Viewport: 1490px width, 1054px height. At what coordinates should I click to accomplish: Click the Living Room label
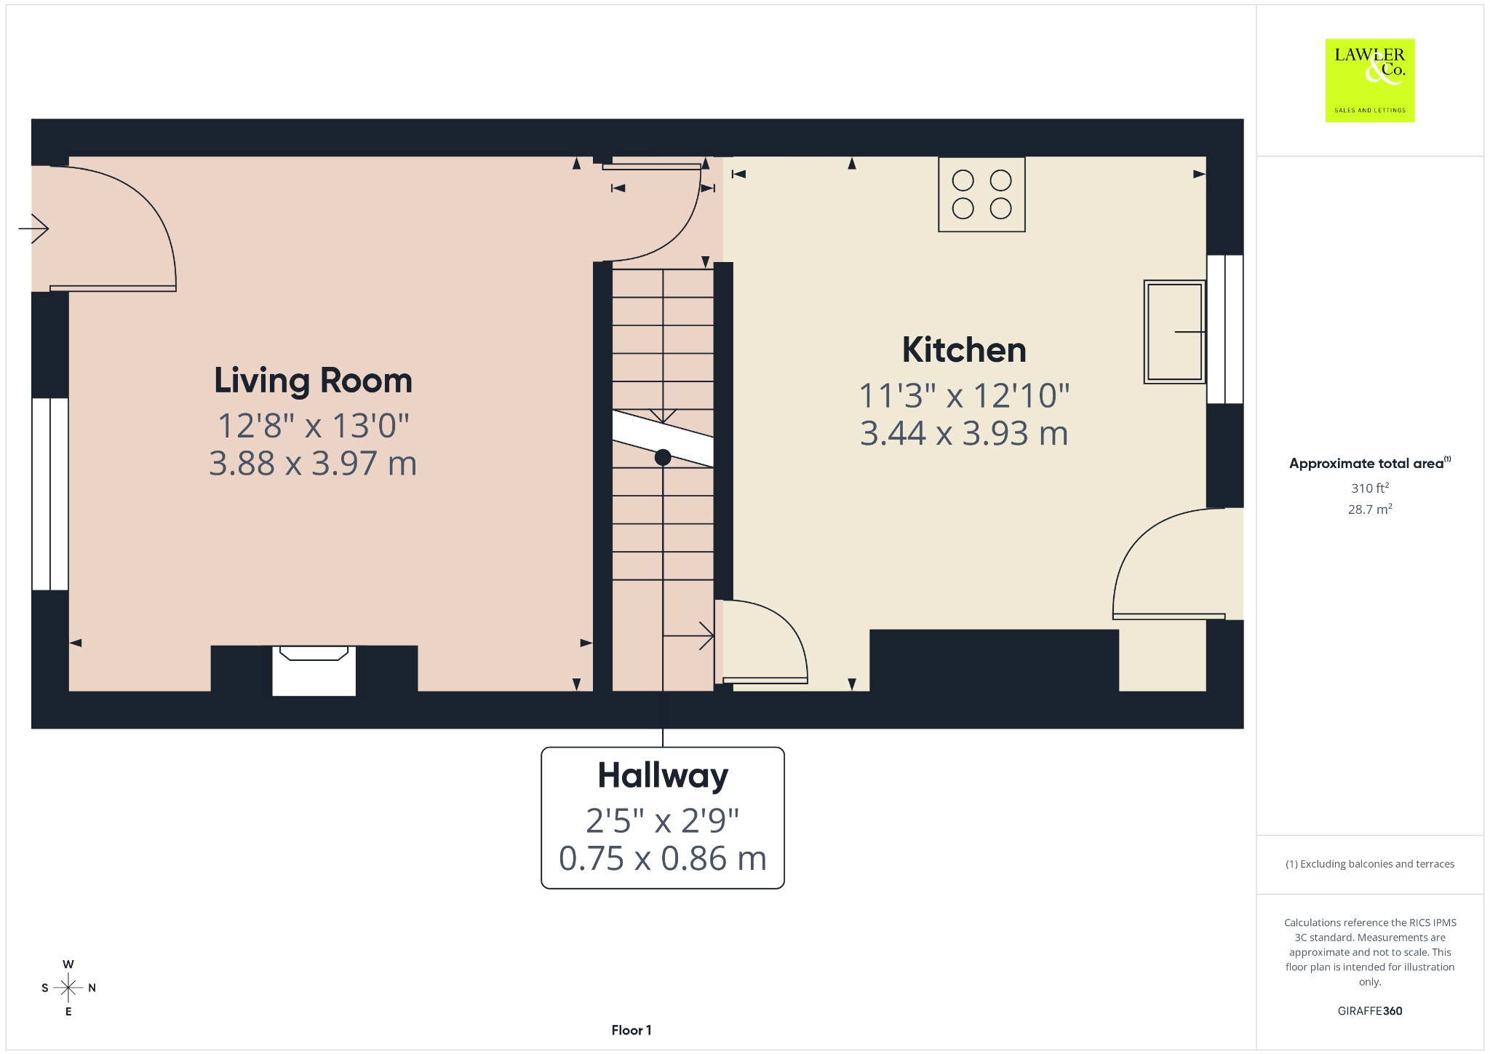pyautogui.click(x=313, y=381)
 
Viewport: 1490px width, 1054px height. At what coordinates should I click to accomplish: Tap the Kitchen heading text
pyautogui.click(x=964, y=350)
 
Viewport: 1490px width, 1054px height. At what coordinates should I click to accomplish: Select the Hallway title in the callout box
pyautogui.click(x=663, y=776)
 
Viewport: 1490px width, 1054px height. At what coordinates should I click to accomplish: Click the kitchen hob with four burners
pyautogui.click(x=981, y=194)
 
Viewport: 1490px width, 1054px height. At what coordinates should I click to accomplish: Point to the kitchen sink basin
pyautogui.click(x=1174, y=332)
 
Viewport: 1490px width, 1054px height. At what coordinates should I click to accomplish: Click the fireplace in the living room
pyautogui.click(x=314, y=670)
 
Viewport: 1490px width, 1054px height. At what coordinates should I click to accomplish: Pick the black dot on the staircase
pyautogui.click(x=663, y=457)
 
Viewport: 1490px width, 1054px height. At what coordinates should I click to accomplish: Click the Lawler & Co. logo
pyautogui.click(x=1370, y=80)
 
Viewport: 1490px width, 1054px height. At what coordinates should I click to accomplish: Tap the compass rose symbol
pyautogui.click(x=68, y=988)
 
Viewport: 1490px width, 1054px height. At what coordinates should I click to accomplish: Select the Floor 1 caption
pyautogui.click(x=632, y=1030)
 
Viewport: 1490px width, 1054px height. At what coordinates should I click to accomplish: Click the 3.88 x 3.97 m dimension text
pyautogui.click(x=313, y=464)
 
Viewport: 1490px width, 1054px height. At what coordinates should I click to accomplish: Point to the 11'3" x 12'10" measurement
pyautogui.click(x=964, y=396)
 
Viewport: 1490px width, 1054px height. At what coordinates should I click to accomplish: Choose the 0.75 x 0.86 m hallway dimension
pyautogui.click(x=663, y=859)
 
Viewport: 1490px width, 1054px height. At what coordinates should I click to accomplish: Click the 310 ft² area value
pyautogui.click(x=1370, y=488)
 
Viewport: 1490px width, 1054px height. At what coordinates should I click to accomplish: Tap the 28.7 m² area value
pyautogui.click(x=1370, y=509)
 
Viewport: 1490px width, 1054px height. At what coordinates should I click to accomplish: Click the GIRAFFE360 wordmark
pyautogui.click(x=1370, y=1011)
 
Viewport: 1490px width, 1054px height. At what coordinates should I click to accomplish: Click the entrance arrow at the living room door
pyautogui.click(x=33, y=229)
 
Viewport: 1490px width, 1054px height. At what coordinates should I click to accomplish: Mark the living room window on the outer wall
pyautogui.click(x=49, y=494)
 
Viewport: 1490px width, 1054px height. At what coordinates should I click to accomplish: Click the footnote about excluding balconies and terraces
pyautogui.click(x=1370, y=864)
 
